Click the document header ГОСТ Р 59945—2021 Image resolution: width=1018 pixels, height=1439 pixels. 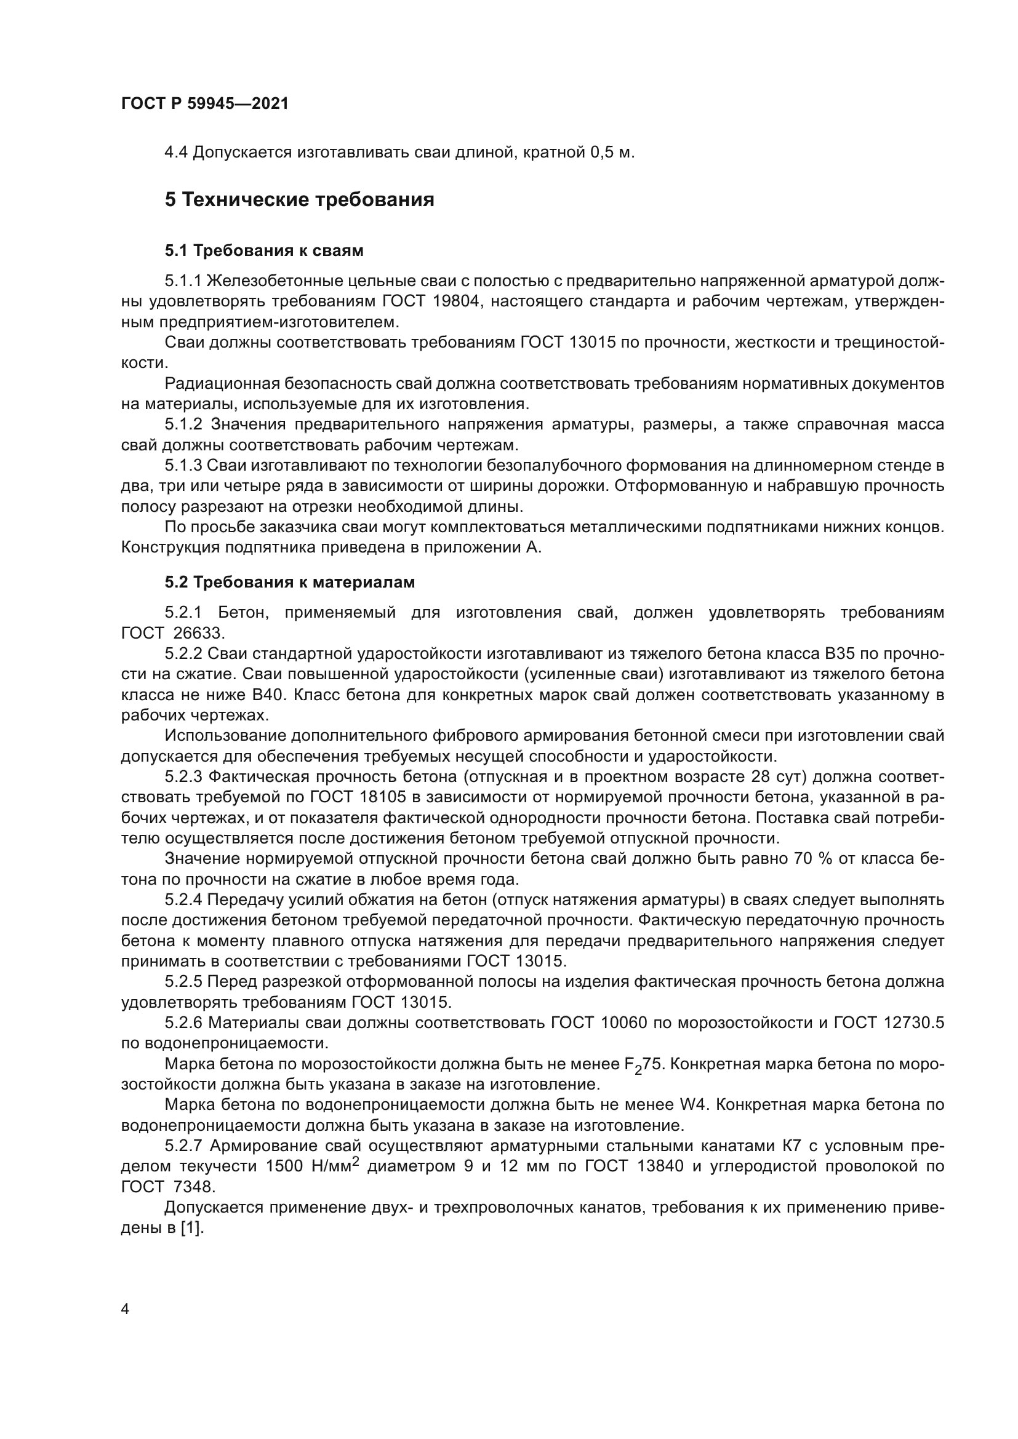click(204, 104)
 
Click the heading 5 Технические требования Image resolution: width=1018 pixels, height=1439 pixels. click(299, 200)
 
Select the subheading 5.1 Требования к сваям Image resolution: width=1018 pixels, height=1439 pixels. click(264, 250)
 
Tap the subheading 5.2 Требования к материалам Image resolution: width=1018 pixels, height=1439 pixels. click(290, 582)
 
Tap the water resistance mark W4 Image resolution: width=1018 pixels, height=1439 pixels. click(694, 1105)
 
